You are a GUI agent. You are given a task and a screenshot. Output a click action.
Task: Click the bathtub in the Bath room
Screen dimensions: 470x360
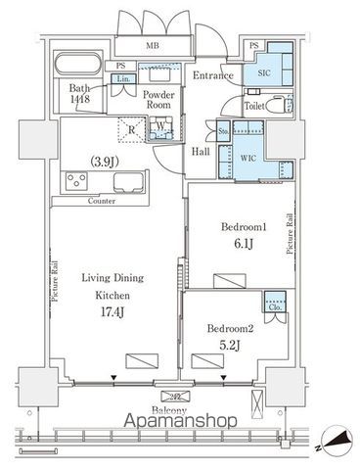[73, 68]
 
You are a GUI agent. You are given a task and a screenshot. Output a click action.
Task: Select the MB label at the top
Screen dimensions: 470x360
[153, 45]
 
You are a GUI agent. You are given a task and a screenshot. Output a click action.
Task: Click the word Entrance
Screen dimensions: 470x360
[212, 75]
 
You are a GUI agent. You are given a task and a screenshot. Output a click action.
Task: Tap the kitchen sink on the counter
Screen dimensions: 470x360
[128, 182]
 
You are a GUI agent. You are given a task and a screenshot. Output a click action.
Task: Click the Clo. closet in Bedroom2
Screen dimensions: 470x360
[274, 304]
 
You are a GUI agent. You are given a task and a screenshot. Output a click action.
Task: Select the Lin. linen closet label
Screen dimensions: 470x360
[123, 78]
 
